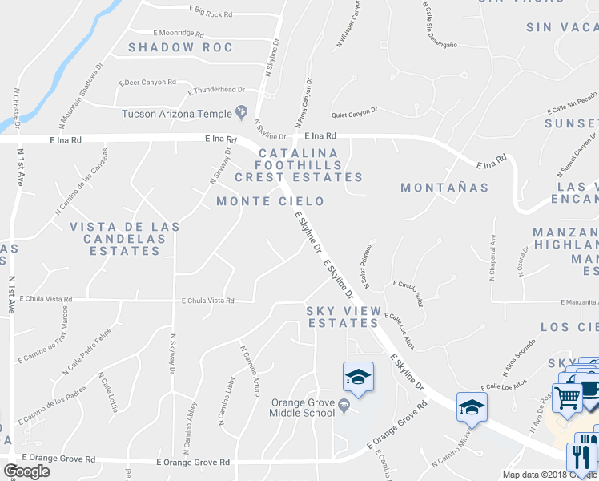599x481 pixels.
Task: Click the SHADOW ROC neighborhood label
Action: (181, 47)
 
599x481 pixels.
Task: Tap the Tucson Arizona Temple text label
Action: (177, 113)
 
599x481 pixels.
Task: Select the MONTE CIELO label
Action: (270, 201)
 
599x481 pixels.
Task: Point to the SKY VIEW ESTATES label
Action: (342, 317)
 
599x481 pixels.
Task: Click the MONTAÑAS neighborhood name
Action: (444, 188)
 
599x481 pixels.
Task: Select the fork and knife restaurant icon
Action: (580, 457)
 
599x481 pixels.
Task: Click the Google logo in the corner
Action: (26, 471)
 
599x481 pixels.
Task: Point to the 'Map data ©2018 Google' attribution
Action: (549, 475)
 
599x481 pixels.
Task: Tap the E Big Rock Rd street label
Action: (211, 13)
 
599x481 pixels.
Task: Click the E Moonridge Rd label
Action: (180, 34)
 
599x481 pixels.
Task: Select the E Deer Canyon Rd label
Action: (147, 82)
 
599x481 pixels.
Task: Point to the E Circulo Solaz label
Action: (408, 294)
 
